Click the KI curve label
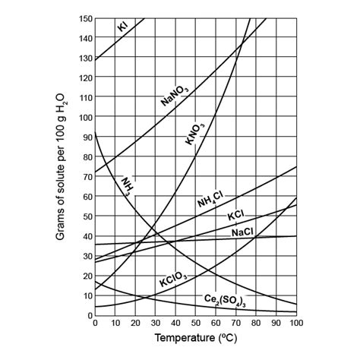click(122, 27)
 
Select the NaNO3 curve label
click(175, 96)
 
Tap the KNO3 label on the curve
click(195, 129)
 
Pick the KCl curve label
click(235, 216)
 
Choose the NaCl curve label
click(243, 232)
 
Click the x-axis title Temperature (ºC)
click(195, 336)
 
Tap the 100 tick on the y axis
click(84, 117)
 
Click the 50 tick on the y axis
click(87, 216)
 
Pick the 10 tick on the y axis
click(87, 295)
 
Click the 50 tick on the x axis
click(195, 323)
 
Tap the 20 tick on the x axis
click(134, 323)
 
